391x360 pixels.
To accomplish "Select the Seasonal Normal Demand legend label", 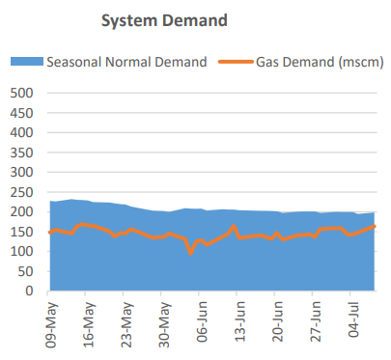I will [x=126, y=63].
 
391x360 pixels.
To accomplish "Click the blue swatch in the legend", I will [x=27, y=63].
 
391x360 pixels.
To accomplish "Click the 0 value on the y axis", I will [x=29, y=291].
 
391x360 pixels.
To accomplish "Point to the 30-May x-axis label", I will [x=165, y=321].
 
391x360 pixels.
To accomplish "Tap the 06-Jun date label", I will [x=203, y=321].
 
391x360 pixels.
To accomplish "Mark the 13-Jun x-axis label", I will [x=240, y=321].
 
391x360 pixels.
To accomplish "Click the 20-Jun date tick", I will [x=278, y=321].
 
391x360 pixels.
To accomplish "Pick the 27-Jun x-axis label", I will [x=316, y=321].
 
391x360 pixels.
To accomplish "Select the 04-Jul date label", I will [x=353, y=321].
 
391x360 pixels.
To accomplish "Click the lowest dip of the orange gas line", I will [x=191, y=253].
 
